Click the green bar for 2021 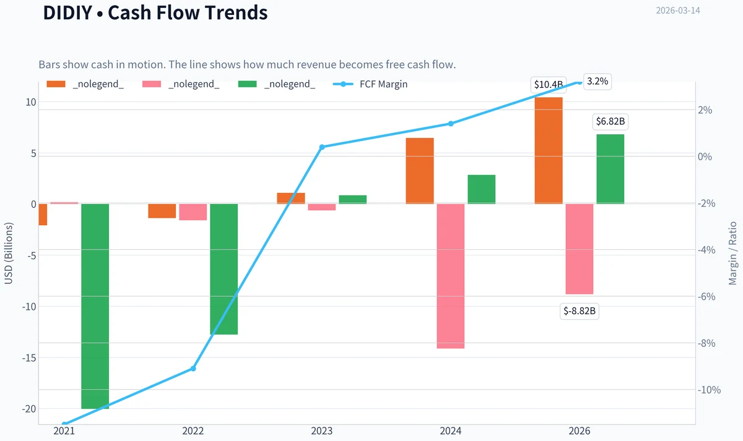pyautogui.click(x=95, y=306)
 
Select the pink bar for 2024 pyautogui.click(x=451, y=276)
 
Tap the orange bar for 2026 pyautogui.click(x=549, y=150)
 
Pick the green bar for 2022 pyautogui.click(x=224, y=269)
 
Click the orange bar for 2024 pyautogui.click(x=420, y=171)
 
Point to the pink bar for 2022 pyautogui.click(x=193, y=212)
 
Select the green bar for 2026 pyautogui.click(x=610, y=169)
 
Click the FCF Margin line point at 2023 pyautogui.click(x=322, y=147)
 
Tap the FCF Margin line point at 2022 pyautogui.click(x=193, y=369)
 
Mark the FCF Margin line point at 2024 pyautogui.click(x=451, y=124)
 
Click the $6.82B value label pyautogui.click(x=610, y=121)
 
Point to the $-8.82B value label pyautogui.click(x=580, y=310)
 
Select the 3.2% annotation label pyautogui.click(x=597, y=81)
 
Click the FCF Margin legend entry pyautogui.click(x=370, y=84)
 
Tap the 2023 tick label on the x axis pyautogui.click(x=322, y=430)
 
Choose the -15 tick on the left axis pyautogui.click(x=29, y=358)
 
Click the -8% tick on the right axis pyautogui.click(x=706, y=343)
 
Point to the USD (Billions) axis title pyautogui.click(x=8, y=253)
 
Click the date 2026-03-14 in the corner pyautogui.click(x=678, y=11)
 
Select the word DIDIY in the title pyautogui.click(x=67, y=12)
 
